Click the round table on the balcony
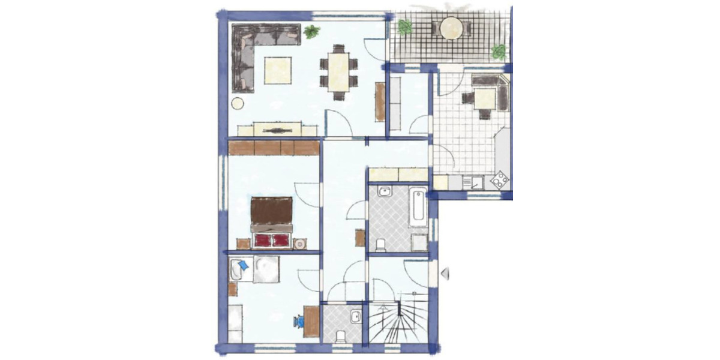tap(451, 28)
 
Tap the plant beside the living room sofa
tap(311, 31)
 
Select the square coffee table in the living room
tap(278, 70)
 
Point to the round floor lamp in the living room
tap(238, 103)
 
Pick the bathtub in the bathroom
tap(418, 207)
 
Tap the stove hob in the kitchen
tap(500, 179)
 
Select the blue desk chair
tap(299, 322)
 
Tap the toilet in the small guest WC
tap(341, 336)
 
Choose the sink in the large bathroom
tap(384, 192)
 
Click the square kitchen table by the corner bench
tap(484, 97)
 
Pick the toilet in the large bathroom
tap(380, 244)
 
